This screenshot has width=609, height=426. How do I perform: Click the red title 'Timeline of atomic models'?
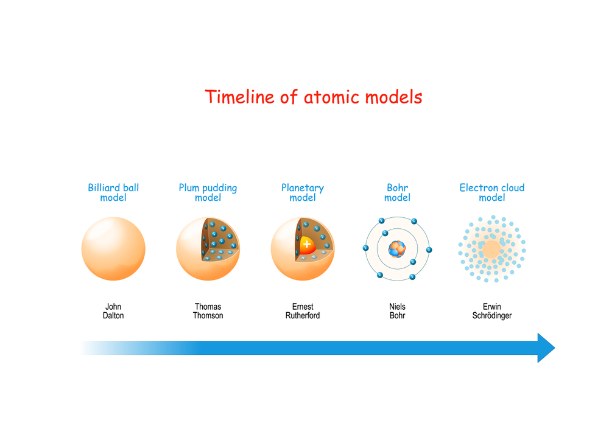pyautogui.click(x=314, y=97)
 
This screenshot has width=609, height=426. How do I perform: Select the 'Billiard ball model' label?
pyautogui.click(x=113, y=192)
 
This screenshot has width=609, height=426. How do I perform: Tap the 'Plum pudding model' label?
pyautogui.click(x=208, y=192)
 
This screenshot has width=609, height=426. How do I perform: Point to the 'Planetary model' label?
pyautogui.click(x=303, y=192)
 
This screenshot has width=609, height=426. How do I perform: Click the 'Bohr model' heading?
pyautogui.click(x=397, y=192)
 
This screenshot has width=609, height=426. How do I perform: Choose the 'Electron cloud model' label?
pyautogui.click(x=492, y=192)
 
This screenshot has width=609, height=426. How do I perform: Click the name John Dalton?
pyautogui.click(x=113, y=311)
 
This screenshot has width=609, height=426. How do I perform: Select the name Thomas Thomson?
pyautogui.click(x=208, y=311)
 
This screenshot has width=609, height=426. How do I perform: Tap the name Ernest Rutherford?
pyautogui.click(x=303, y=311)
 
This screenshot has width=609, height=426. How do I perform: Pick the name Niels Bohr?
pyautogui.click(x=397, y=311)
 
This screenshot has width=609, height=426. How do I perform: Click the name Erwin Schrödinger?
pyautogui.click(x=492, y=311)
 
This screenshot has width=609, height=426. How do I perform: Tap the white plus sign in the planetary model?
pyautogui.click(x=307, y=245)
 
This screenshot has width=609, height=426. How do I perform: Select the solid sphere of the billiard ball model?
pyautogui.click(x=113, y=249)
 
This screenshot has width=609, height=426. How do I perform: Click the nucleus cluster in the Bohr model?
pyautogui.click(x=397, y=249)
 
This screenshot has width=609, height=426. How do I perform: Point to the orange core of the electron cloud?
pyautogui.click(x=491, y=249)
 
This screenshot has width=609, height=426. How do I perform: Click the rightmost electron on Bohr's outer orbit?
pyautogui.click(x=429, y=250)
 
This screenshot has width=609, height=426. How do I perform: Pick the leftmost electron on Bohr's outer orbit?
pyautogui.click(x=365, y=248)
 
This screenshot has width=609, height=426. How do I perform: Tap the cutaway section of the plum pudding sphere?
pyautogui.click(x=219, y=240)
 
